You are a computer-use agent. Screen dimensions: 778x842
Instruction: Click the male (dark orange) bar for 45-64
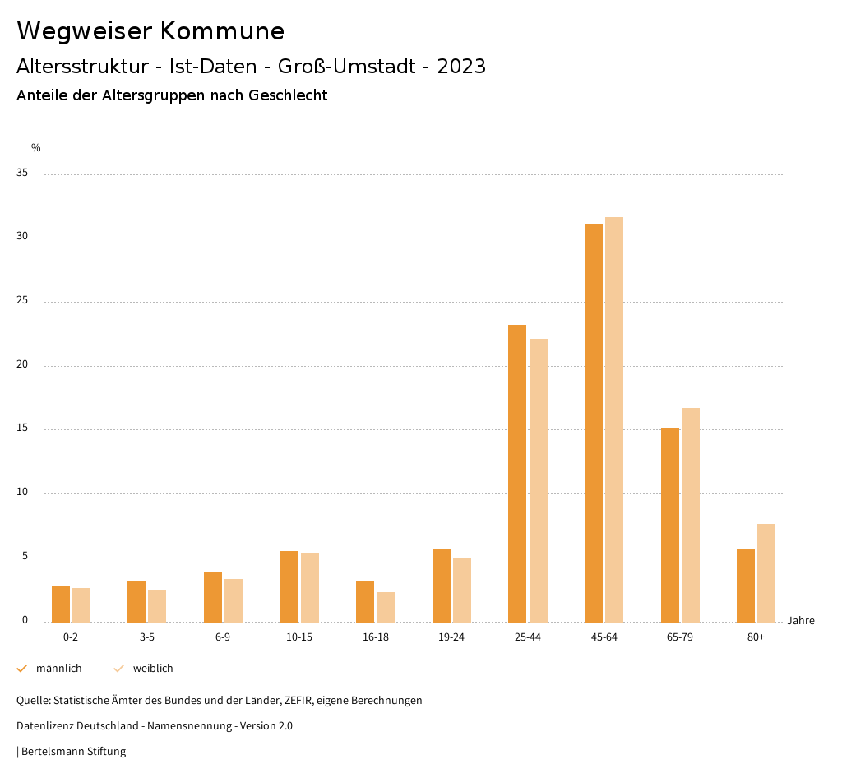coord(593,423)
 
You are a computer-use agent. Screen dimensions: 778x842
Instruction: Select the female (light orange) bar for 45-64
coord(614,419)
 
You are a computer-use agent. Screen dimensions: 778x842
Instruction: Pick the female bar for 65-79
coord(691,515)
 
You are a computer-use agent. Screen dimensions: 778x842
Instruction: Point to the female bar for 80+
coord(766,572)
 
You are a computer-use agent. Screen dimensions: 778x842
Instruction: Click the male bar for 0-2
coord(61,604)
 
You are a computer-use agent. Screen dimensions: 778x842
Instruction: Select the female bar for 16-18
coord(386,607)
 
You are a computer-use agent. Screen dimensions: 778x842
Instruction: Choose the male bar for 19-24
coord(442,585)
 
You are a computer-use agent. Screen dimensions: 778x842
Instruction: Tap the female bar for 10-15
coord(310,587)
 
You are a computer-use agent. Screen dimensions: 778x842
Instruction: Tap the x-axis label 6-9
coord(223,637)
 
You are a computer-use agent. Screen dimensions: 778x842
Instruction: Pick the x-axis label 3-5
coord(147,637)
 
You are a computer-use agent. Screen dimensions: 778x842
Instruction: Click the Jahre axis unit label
coord(800,621)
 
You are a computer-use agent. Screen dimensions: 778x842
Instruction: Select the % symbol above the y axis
coord(35,148)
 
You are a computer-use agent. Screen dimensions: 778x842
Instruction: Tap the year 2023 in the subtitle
coord(461,67)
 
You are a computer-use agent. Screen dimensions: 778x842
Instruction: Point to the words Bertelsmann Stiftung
coord(73,751)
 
